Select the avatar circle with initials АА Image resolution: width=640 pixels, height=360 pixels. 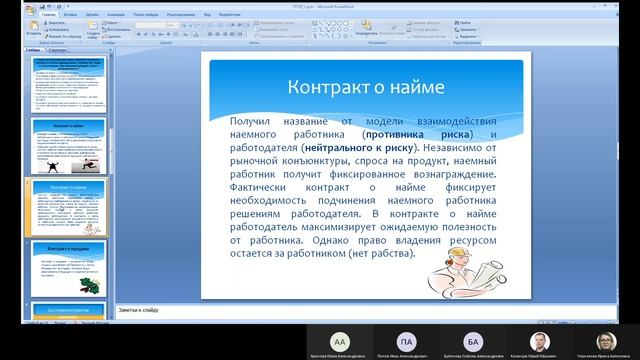(x=342, y=340)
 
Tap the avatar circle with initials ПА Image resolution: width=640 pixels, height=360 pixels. (x=405, y=340)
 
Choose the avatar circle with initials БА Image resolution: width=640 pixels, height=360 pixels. (x=472, y=340)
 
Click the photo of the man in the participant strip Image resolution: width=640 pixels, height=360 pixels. (x=538, y=340)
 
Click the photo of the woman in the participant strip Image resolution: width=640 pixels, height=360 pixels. (x=605, y=340)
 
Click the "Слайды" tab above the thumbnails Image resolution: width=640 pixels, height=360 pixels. (x=33, y=49)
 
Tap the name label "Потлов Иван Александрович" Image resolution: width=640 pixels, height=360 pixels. (x=405, y=356)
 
